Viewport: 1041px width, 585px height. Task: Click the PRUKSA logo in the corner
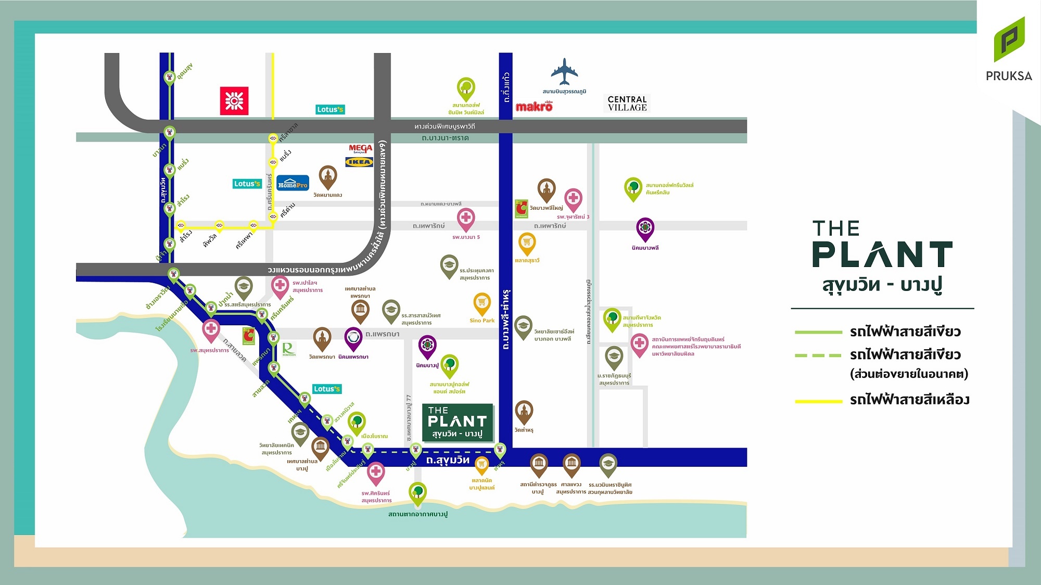1009,49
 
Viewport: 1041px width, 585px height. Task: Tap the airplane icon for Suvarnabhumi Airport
564,72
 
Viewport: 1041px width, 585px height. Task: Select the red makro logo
534,106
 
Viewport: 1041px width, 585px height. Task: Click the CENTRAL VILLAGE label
627,104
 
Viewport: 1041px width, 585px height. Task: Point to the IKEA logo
359,162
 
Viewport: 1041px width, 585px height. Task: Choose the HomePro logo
293,184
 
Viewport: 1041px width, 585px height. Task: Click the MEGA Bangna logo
360,149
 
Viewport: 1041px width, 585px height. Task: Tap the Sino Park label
482,321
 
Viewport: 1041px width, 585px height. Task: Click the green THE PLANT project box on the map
458,422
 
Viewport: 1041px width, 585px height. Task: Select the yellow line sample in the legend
818,401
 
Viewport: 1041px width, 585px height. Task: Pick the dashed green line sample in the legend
818,355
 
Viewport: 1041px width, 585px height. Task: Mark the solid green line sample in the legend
818,332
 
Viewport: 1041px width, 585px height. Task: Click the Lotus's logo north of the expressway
330,109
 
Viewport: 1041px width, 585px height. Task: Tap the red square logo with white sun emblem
234,100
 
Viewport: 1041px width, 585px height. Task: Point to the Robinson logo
289,349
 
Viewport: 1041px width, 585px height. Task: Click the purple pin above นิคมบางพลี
645,228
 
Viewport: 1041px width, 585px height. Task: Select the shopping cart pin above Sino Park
482,303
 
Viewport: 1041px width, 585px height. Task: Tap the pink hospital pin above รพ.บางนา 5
466,218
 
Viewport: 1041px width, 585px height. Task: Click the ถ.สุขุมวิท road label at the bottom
448,460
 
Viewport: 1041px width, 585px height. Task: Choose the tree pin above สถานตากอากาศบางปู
417,492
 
